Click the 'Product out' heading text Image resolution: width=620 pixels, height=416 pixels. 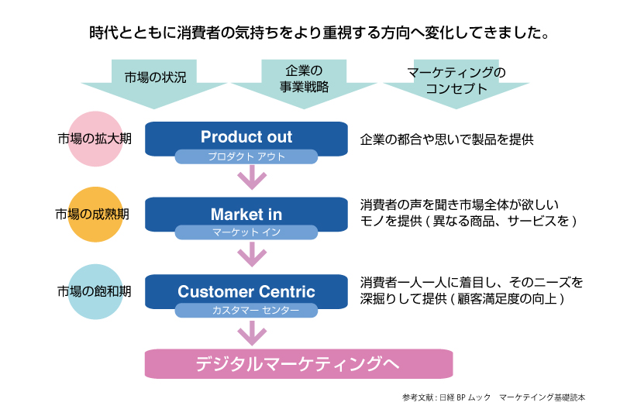(x=246, y=136)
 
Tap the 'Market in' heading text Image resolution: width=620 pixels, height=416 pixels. (x=246, y=215)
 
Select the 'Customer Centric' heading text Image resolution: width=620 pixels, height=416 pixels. (x=246, y=291)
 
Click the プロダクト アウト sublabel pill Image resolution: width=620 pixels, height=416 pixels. (x=246, y=156)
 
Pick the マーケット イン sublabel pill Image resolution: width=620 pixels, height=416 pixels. (x=246, y=232)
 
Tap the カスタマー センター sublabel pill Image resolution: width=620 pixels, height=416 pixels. (x=246, y=310)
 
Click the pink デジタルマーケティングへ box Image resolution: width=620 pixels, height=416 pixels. (x=298, y=363)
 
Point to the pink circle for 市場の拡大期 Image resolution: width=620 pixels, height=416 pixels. (x=95, y=139)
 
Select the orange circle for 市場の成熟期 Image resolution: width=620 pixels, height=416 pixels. (x=95, y=215)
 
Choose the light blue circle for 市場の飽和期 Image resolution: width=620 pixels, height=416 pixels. (x=95, y=291)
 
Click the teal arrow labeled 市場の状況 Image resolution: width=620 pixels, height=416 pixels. (x=154, y=83)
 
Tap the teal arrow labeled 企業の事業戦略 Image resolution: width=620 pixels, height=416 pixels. (x=304, y=83)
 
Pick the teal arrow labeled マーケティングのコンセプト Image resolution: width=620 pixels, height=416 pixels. (x=456, y=84)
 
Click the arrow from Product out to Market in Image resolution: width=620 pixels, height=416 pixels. (x=253, y=177)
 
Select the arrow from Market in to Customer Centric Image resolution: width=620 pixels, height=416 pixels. (x=253, y=253)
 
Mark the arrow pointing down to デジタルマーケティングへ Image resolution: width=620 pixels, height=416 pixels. (x=253, y=332)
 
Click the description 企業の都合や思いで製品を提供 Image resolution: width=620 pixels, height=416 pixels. (x=447, y=139)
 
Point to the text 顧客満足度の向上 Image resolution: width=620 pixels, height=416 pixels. (x=507, y=299)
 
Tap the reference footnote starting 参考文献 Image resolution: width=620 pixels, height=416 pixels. (x=494, y=397)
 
